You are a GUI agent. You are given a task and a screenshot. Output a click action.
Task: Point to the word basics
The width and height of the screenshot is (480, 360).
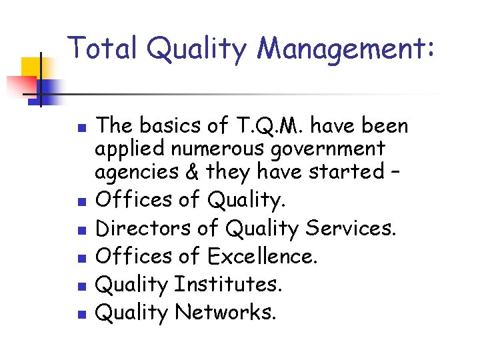coord(166,125)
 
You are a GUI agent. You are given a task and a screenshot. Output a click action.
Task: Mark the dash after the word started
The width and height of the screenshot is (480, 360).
coord(396,172)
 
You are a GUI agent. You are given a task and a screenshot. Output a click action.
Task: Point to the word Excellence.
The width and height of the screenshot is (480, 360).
coord(262,256)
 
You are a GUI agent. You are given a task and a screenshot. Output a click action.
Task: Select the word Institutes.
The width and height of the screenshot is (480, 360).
coord(229,285)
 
